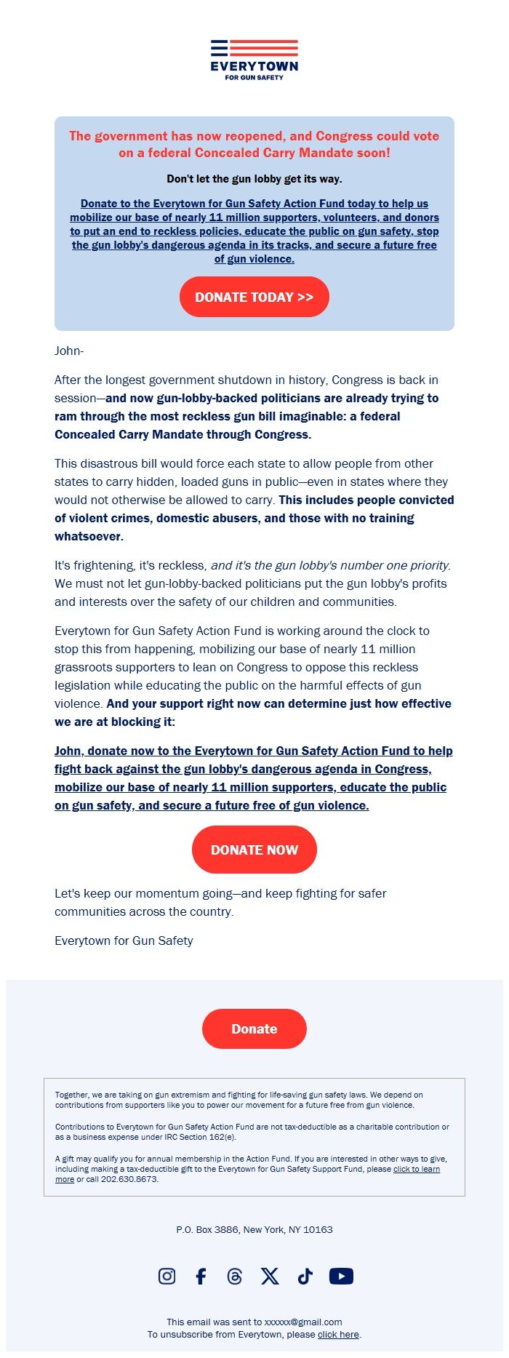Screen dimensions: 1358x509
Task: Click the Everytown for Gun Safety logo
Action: coord(254,60)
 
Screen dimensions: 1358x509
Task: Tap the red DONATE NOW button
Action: coord(254,850)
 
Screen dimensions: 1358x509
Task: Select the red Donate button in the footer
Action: coord(254,1029)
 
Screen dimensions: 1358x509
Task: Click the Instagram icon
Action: coord(167,1276)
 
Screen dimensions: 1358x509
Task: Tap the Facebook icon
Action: coord(201,1276)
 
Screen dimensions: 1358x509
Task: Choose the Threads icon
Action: coord(234,1276)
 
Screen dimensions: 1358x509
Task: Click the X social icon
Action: coord(270,1276)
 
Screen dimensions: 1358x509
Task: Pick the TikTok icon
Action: coord(305,1276)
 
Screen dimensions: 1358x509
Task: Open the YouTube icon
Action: coord(341,1276)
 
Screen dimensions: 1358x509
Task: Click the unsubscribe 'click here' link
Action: coord(338,1334)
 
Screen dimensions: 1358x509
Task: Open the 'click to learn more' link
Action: coord(416,1169)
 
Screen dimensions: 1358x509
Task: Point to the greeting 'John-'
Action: coord(69,351)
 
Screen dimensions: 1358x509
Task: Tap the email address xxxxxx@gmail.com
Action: coord(303,1322)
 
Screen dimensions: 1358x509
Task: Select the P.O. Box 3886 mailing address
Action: coord(254,1229)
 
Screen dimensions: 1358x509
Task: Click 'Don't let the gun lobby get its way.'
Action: coord(254,179)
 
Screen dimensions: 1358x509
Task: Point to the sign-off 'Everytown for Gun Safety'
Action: coord(124,940)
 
